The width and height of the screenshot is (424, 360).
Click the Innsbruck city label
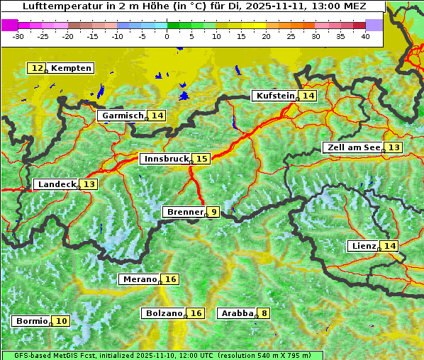[165, 159]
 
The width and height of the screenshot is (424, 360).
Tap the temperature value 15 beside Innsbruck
[202, 159]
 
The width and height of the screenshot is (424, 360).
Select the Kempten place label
[71, 68]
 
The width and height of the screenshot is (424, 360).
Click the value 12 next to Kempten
[37, 68]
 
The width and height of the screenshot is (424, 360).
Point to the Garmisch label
[123, 116]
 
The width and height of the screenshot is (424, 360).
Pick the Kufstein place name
[274, 96]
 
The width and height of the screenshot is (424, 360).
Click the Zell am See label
[352, 147]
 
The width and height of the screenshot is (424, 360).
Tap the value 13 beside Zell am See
[394, 147]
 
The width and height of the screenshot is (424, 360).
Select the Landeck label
[57, 184]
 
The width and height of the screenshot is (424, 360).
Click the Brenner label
[184, 212]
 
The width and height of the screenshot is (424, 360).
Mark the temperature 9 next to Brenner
[213, 212]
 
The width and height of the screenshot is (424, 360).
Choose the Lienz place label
[363, 246]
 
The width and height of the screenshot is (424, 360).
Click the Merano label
[139, 279]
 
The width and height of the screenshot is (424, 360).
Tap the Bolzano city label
[164, 313]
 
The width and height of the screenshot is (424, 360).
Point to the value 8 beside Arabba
[264, 313]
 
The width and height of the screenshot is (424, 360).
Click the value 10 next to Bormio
[62, 321]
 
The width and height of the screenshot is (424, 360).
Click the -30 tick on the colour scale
[18, 35]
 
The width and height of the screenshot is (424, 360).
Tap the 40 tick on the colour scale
[365, 35]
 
